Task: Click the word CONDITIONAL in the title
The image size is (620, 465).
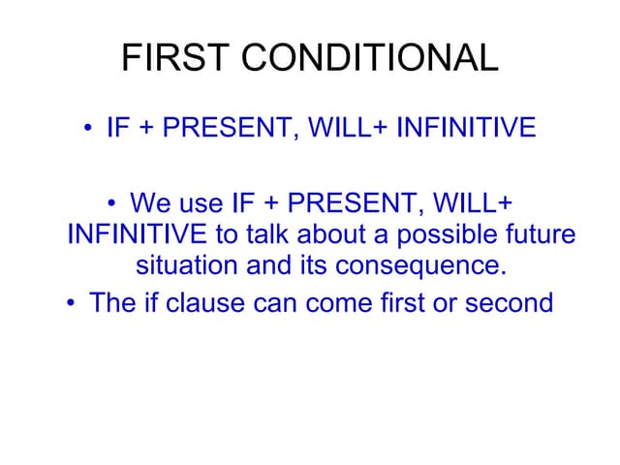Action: click(370, 59)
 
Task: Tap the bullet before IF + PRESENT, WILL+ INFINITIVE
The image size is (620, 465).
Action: click(88, 129)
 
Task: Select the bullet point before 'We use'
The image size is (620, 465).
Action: click(112, 203)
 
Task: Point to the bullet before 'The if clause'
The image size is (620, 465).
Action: click(71, 303)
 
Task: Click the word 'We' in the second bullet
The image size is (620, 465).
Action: click(149, 203)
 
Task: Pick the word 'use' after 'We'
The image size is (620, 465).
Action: click(201, 203)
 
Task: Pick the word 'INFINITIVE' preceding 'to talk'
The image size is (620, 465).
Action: click(136, 234)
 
